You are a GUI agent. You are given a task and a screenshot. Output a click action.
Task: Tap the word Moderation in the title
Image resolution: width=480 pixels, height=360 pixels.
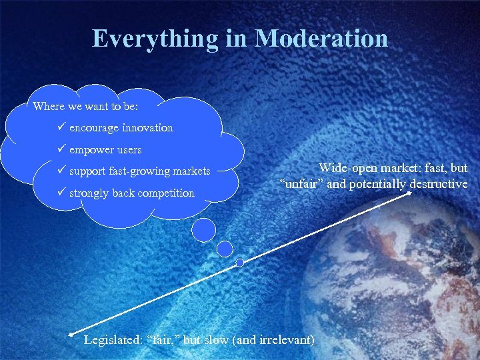point(321,39)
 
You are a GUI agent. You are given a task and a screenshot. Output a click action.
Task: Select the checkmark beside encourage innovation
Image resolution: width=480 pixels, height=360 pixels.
point(62,127)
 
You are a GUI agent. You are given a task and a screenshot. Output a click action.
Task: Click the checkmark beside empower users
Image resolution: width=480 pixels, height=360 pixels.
point(62,149)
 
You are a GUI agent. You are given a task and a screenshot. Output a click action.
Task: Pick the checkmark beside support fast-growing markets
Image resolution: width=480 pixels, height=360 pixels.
point(62,171)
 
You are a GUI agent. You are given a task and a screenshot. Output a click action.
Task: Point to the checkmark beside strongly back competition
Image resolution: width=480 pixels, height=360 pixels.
point(62,193)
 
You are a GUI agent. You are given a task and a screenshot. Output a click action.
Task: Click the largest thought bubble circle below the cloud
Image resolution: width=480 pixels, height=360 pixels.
point(203,229)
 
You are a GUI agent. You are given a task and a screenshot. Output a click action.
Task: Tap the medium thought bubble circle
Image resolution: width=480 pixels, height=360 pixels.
point(225,249)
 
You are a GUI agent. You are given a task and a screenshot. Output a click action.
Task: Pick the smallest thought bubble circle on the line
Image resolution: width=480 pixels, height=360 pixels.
point(239,263)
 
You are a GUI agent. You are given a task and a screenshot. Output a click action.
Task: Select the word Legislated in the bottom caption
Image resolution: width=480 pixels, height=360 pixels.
point(111,339)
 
